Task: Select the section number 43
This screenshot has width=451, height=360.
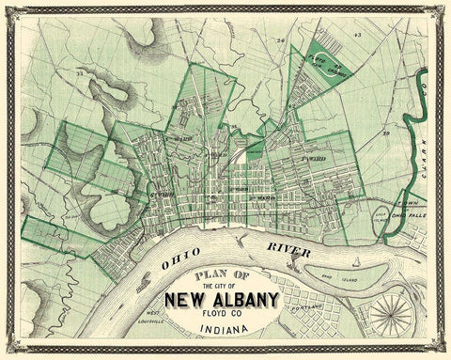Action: click(358, 35)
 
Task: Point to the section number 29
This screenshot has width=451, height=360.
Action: click(386, 135)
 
